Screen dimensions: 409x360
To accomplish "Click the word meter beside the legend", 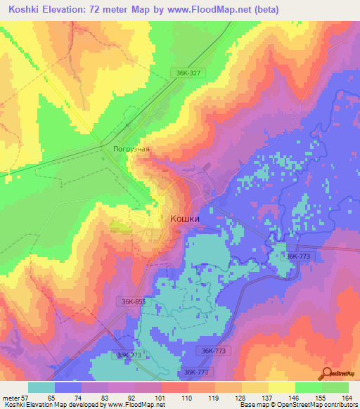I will (10, 397).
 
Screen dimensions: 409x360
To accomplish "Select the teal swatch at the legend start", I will (41, 387).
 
